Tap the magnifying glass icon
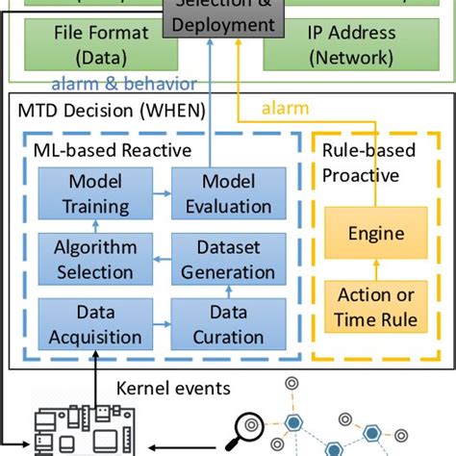(x=253, y=425)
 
